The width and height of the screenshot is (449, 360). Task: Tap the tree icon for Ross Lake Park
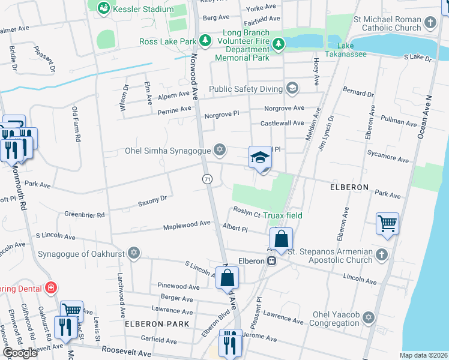206,41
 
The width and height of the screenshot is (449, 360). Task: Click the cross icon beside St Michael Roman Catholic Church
429,23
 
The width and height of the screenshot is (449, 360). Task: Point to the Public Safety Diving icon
292,89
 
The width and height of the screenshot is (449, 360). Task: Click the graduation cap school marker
261,158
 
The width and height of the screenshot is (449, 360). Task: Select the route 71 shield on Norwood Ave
207,179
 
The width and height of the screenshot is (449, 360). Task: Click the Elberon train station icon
272,261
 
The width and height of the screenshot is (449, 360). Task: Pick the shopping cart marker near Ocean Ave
387,224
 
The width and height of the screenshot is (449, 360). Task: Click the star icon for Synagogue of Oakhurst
133,253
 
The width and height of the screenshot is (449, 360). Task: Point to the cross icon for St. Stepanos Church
381,256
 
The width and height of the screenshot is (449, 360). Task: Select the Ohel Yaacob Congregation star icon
368,317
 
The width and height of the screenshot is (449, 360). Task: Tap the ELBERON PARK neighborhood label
157,323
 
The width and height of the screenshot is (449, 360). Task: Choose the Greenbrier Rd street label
85,214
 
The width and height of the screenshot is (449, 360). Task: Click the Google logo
20,353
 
